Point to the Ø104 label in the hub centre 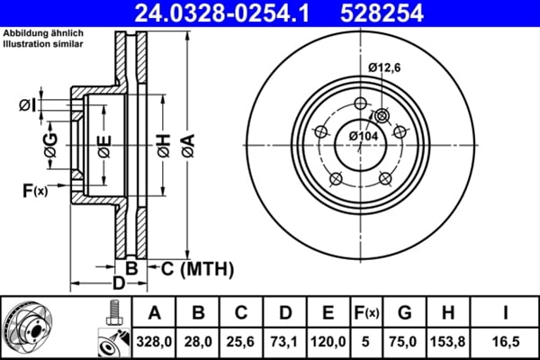(x=364, y=135)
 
